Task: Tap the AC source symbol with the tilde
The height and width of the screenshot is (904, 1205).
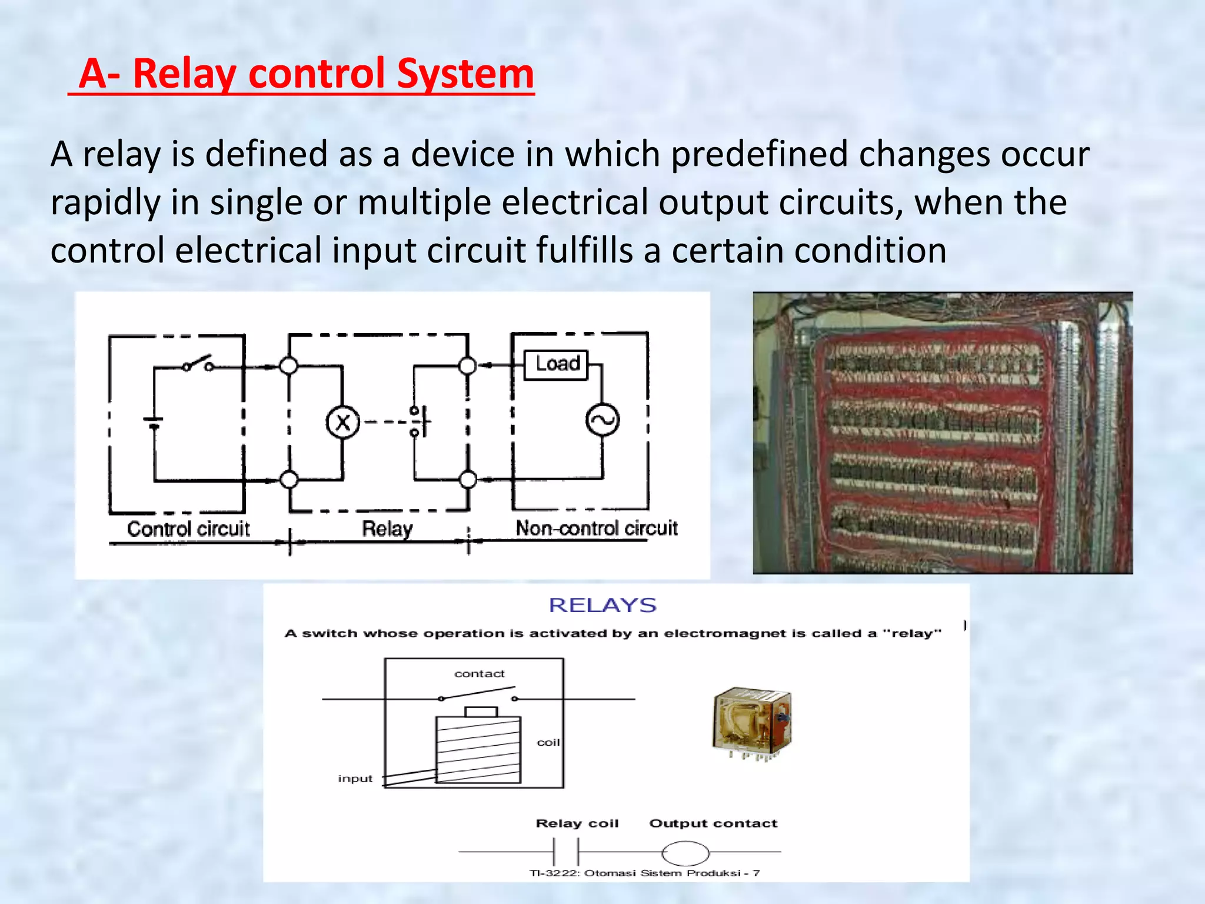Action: coord(602,420)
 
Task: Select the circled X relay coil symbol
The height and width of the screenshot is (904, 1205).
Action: coord(342,422)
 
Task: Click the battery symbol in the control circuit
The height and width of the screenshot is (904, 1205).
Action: coord(154,421)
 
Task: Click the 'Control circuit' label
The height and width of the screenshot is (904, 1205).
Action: coord(188,529)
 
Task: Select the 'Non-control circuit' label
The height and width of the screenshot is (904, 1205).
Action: coord(596,528)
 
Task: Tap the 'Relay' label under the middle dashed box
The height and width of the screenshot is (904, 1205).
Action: coord(387,529)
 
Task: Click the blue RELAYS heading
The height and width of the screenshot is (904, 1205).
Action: coord(602,605)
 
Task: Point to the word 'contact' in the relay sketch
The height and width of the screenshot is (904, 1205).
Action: coord(480,673)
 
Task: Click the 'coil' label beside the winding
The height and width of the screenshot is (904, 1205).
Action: coord(548,742)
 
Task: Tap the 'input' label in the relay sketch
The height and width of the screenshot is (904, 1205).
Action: coord(355,778)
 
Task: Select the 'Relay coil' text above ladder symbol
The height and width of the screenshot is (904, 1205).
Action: coord(577,823)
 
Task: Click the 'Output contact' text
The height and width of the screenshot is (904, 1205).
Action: coord(713,823)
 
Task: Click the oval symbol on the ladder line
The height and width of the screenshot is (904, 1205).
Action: coord(685,852)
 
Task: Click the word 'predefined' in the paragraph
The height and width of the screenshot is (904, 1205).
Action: coord(758,154)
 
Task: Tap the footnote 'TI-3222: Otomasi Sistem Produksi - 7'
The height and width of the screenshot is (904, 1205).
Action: coord(644,873)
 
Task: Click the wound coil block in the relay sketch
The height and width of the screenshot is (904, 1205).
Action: coord(478,749)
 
